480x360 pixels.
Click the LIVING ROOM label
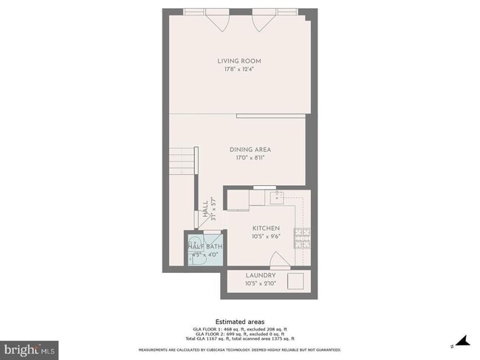coord(239,60)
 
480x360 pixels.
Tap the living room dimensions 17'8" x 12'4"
coord(239,69)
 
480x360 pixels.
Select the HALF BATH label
coord(205,246)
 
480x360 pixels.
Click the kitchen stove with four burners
coord(303,238)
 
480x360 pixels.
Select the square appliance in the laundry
coord(296,281)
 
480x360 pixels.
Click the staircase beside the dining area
coord(182,160)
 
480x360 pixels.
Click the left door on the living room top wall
coord(219,21)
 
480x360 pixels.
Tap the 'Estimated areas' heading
coord(239,322)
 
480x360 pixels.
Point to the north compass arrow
coord(463,342)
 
